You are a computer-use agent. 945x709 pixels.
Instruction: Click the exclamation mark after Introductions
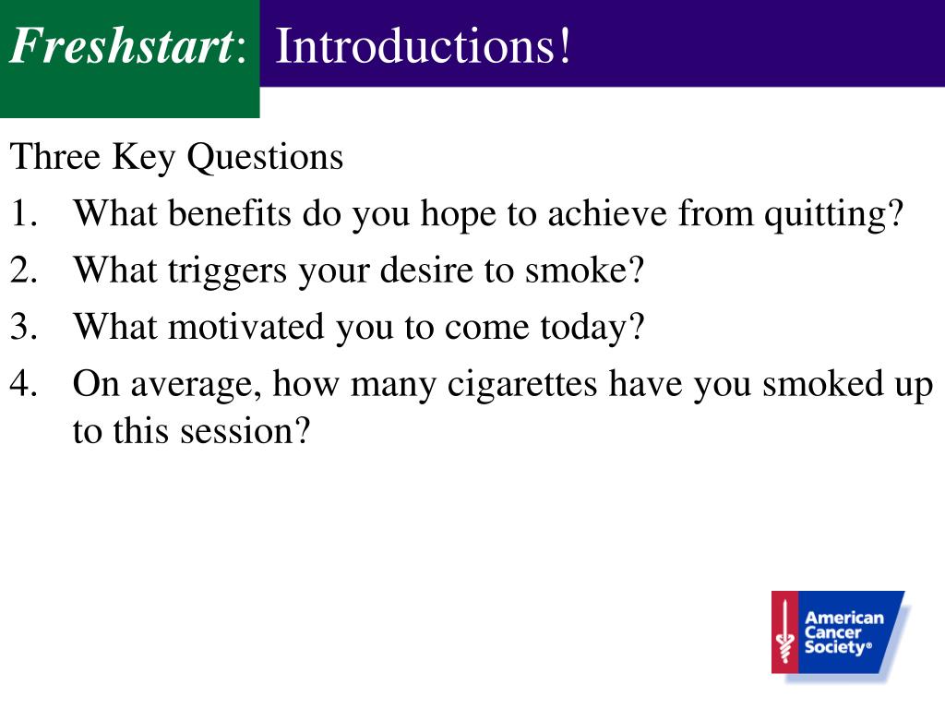[564, 45]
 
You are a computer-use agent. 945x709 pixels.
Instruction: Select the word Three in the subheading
[55, 157]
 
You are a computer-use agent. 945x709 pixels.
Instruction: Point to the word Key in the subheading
[143, 159]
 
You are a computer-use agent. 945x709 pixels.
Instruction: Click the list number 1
[23, 213]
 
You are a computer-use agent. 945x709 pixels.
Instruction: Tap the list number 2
[23, 270]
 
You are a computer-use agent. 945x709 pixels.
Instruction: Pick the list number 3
[23, 327]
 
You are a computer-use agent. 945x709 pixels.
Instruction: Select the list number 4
[23, 383]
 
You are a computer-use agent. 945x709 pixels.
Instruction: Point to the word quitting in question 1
[828, 215]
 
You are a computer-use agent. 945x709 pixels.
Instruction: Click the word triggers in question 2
[227, 272]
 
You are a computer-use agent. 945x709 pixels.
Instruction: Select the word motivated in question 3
[245, 327]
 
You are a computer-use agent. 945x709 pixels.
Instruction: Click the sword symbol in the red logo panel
[784, 631]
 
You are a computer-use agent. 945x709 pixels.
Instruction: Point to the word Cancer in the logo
[833, 632]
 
